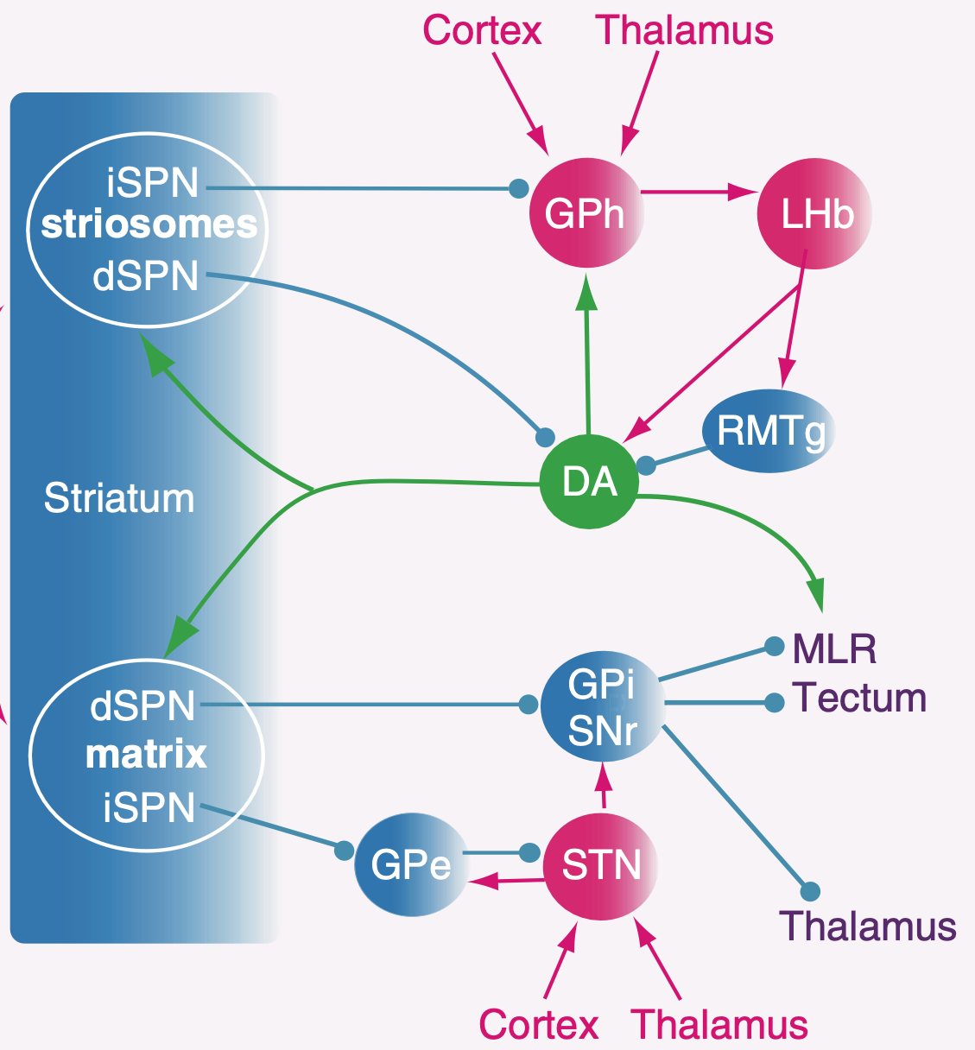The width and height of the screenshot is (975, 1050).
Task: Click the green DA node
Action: coord(589,482)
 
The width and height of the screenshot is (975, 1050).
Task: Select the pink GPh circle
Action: coord(586,213)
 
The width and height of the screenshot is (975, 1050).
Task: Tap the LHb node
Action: coord(814,213)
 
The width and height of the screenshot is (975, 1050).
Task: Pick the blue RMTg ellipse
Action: coord(769,431)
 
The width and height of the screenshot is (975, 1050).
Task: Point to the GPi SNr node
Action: coord(602,706)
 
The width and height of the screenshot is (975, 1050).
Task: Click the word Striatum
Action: coord(119,498)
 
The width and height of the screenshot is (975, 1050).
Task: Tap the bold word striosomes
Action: coord(149,225)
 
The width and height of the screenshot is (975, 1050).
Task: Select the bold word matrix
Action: coord(146,755)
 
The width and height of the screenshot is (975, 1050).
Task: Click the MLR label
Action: coord(834,648)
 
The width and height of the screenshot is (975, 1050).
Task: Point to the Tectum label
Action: coord(859,698)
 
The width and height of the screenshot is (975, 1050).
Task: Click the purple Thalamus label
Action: coord(868,927)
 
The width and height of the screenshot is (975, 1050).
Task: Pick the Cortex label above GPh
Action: coord(482,30)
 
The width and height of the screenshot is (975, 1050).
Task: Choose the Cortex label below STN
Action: coord(538,1024)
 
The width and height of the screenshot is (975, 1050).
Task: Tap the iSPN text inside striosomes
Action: coord(152,183)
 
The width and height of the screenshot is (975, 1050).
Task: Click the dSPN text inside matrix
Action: coord(142,705)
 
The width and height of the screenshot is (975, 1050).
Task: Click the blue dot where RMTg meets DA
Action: coord(646,465)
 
